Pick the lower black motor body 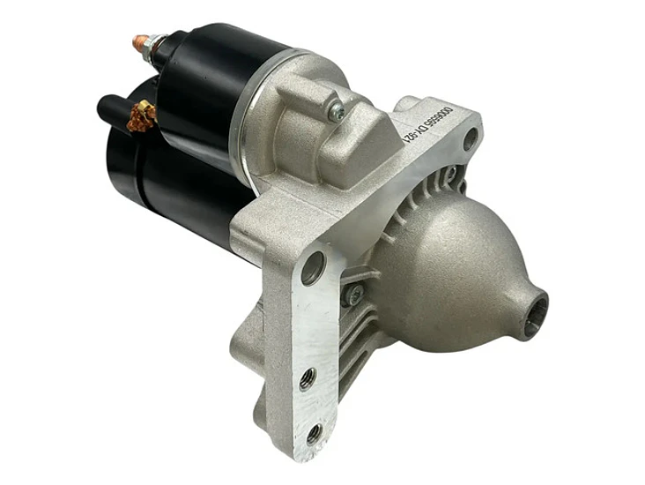pyautogui.click(x=176, y=190)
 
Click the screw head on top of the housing pyautogui.click(x=335, y=111)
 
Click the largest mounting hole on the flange pyautogui.click(x=313, y=267)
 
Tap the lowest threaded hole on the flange pyautogui.click(x=314, y=433)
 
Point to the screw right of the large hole pyautogui.click(x=352, y=295)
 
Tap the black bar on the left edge pyautogui.click(x=34, y=242)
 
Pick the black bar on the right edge pyautogui.click(x=611, y=242)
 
